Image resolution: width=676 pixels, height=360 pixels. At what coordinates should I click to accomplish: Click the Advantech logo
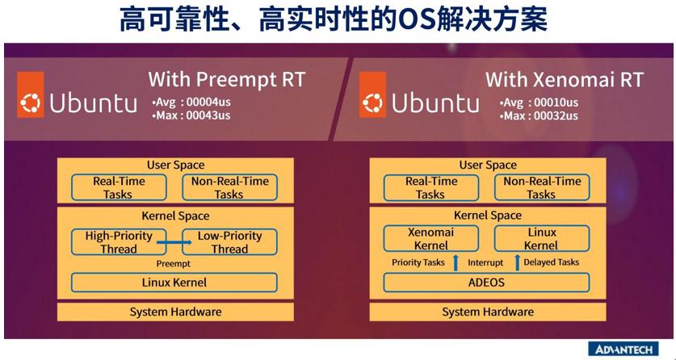[624, 349]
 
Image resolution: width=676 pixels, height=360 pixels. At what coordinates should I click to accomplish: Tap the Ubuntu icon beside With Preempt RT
[31, 94]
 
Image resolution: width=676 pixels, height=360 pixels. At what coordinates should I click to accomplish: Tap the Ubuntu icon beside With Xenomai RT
[372, 94]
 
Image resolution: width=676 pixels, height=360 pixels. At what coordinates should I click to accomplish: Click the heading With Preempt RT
[227, 80]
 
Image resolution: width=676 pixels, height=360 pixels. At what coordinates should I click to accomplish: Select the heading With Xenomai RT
[565, 80]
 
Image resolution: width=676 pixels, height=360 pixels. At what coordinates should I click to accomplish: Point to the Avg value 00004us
[208, 103]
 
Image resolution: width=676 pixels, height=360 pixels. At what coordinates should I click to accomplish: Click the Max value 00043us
[208, 115]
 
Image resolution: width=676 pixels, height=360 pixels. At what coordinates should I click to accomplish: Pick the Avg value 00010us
[556, 103]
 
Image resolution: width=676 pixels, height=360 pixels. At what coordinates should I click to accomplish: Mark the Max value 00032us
[556, 116]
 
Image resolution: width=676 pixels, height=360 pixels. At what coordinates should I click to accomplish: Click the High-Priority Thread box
[119, 242]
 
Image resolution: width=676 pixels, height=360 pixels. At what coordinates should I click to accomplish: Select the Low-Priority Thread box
[230, 242]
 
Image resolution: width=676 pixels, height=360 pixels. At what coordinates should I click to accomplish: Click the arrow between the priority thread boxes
[174, 242]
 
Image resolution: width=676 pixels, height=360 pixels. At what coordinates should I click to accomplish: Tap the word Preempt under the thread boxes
[174, 263]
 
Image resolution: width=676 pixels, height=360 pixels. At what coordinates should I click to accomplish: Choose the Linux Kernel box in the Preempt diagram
[174, 283]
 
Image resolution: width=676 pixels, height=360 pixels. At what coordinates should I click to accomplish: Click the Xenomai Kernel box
[431, 239]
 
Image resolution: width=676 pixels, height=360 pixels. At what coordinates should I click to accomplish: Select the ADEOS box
[486, 283]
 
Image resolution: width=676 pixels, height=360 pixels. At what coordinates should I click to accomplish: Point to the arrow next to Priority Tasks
[456, 262]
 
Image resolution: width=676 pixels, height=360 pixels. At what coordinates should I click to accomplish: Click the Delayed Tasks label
[552, 262]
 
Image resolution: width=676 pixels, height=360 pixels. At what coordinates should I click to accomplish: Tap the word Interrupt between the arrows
[486, 262]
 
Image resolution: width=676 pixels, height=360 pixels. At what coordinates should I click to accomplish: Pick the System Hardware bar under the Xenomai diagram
[488, 312]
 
